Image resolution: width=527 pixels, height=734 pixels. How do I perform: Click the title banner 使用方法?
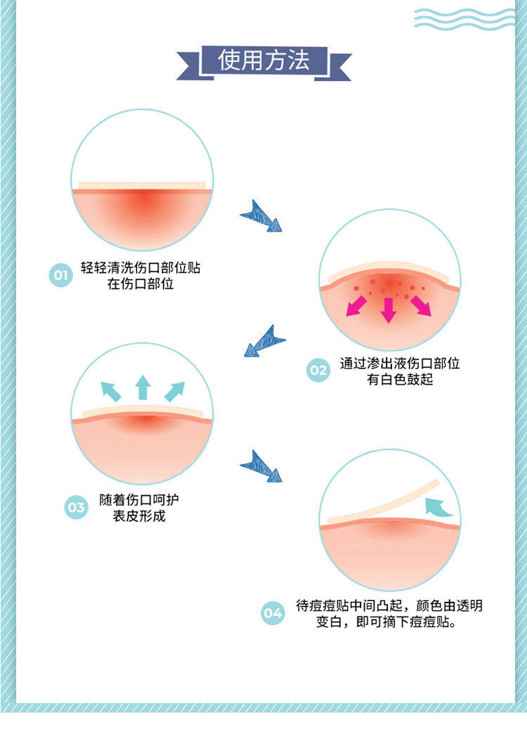pos(263,60)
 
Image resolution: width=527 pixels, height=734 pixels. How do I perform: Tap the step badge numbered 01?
pos(60,275)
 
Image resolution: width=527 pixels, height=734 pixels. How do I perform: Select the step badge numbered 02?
pos(318,371)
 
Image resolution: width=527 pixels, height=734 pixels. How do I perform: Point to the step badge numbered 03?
pos(75,508)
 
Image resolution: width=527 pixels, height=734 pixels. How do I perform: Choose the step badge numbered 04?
pos(273,613)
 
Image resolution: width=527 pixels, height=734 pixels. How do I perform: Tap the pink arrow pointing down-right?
pos(420,305)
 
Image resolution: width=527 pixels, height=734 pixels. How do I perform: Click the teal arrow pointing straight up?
pos(143,387)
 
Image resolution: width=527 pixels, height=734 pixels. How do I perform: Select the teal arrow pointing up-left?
pos(111,391)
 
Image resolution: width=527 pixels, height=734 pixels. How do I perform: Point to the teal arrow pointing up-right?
pos(174,391)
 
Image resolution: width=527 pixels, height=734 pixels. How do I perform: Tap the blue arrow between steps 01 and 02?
pos(261,216)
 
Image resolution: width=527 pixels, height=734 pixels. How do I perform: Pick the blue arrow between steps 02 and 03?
pos(264,341)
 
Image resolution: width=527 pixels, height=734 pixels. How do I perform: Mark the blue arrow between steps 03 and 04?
pos(261,466)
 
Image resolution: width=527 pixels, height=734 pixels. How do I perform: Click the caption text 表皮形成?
pos(140,517)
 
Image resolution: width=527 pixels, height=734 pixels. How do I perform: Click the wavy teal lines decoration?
pos(464,18)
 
